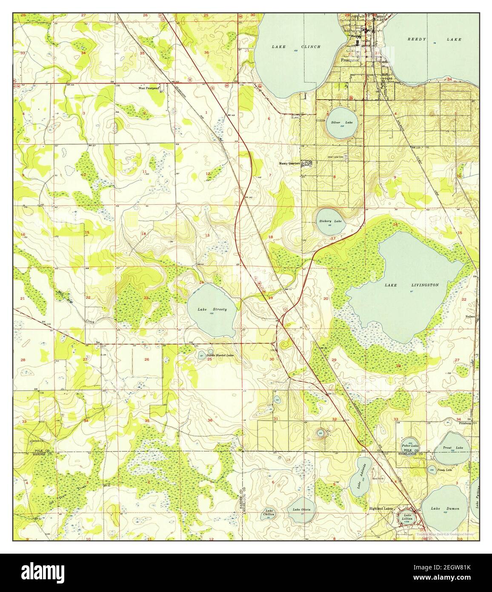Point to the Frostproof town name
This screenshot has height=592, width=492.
coord(350,60)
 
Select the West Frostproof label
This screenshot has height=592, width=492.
coord(149,89)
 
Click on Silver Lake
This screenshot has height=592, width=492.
coord(340,123)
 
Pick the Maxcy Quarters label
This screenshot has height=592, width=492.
coord(289,163)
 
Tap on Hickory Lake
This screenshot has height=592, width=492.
coord(331,221)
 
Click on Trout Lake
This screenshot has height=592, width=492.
coord(452,448)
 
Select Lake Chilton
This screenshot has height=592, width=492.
coord(269,513)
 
